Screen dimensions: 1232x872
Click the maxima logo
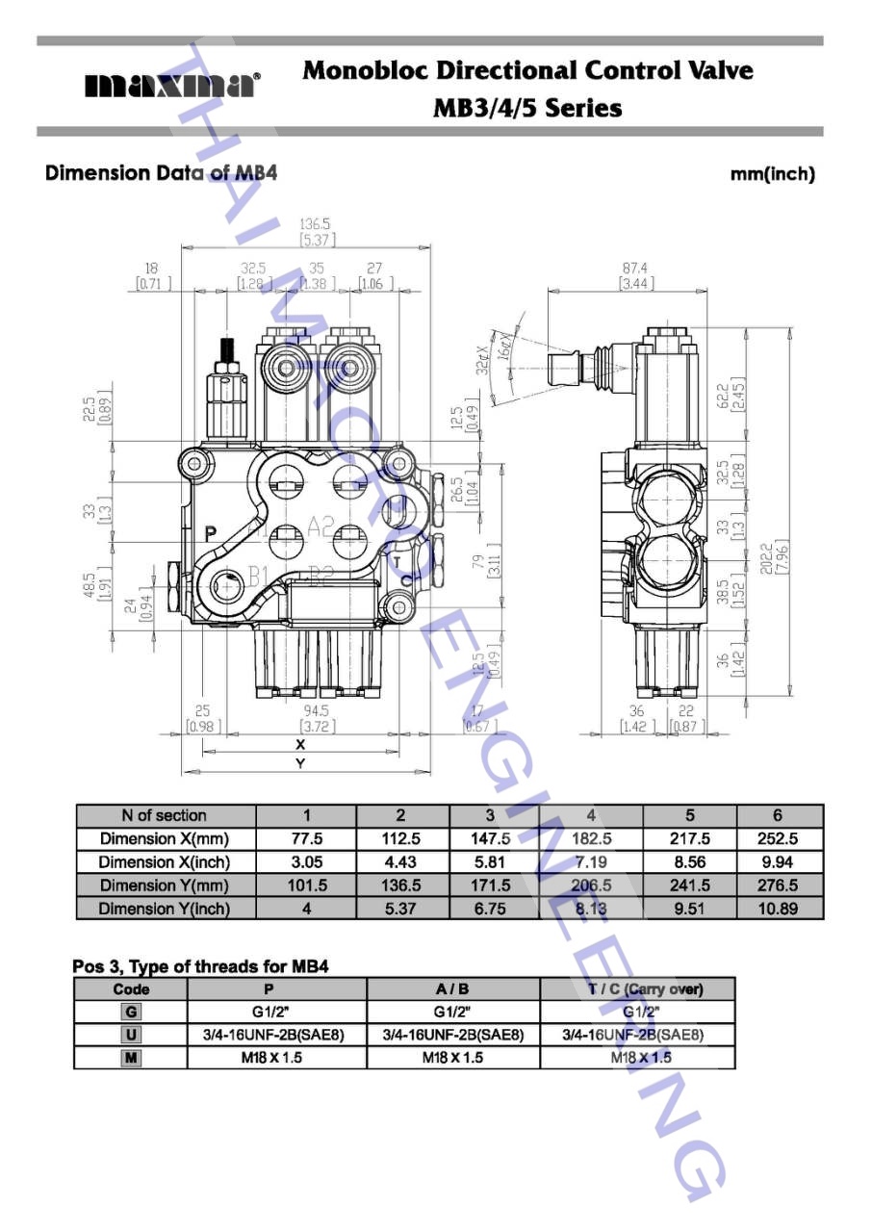point(172,86)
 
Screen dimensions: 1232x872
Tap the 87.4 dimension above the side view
point(635,269)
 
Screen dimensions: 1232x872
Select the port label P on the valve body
point(211,532)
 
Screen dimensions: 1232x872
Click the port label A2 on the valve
point(321,526)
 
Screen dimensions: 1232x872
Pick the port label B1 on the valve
point(258,576)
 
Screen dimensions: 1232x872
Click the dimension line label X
point(300,744)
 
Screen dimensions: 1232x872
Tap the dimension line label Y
point(300,763)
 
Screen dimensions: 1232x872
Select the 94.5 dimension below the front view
point(315,711)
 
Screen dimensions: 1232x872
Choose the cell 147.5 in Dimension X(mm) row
point(490,838)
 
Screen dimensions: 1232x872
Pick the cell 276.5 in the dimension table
point(778,885)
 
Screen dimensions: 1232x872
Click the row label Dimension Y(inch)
point(164,909)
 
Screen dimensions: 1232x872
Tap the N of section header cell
point(164,815)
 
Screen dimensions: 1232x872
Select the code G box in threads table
point(131,1012)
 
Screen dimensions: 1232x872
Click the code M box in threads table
point(131,1058)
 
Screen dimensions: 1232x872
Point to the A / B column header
point(452,989)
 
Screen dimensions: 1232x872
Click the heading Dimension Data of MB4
point(162,173)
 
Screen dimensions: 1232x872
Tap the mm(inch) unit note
point(772,174)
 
